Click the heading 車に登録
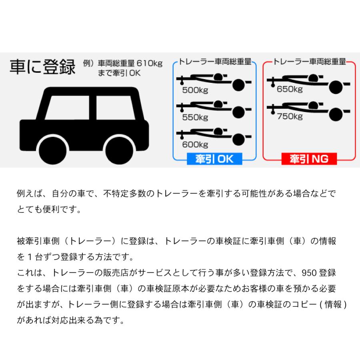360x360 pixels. (42, 67)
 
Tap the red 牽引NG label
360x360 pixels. (309, 159)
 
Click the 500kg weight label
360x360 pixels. (195, 90)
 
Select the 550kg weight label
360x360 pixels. (195, 118)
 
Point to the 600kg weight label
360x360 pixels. (195, 145)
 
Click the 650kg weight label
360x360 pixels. (290, 89)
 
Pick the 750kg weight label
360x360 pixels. (290, 116)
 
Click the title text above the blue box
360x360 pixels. (214, 62)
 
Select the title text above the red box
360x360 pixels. (309, 62)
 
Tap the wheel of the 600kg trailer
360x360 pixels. (239, 139)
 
